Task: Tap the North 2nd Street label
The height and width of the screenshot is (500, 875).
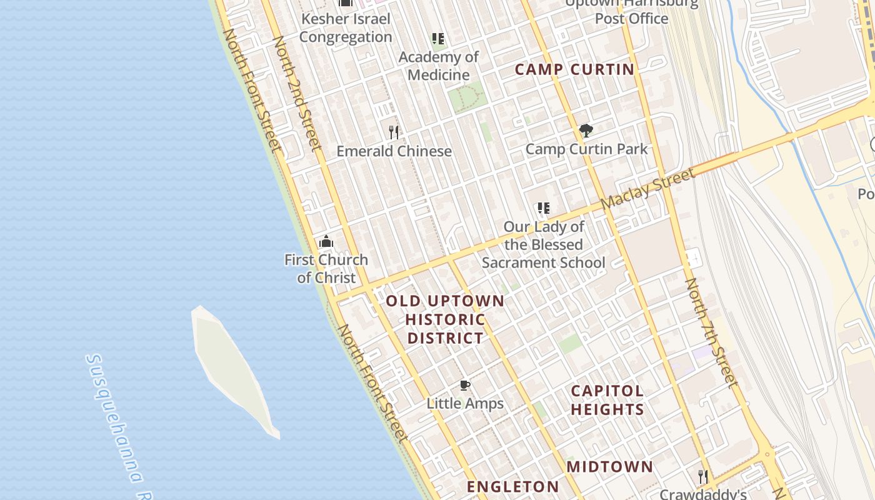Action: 297,93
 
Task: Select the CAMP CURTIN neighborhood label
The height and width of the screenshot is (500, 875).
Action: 574,69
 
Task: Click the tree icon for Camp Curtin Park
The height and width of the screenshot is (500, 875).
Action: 586,131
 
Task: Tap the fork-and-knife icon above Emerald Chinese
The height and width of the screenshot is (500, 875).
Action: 394,132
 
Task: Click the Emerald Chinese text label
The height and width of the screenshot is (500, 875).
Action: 394,151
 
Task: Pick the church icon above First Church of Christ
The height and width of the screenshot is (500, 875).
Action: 326,241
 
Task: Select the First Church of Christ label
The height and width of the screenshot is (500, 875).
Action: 326,269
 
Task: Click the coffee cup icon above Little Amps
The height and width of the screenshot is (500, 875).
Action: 464,385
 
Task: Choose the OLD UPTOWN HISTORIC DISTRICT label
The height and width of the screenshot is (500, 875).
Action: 444,319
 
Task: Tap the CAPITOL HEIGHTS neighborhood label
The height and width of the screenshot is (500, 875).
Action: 607,400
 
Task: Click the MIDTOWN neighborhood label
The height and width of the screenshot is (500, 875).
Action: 609,466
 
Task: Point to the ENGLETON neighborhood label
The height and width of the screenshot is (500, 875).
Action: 512,486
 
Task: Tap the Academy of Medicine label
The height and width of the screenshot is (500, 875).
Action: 438,66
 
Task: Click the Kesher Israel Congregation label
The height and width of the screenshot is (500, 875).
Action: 345,28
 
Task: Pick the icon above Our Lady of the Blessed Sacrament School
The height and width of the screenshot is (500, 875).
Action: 543,208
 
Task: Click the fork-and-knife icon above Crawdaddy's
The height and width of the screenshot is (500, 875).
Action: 703,477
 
